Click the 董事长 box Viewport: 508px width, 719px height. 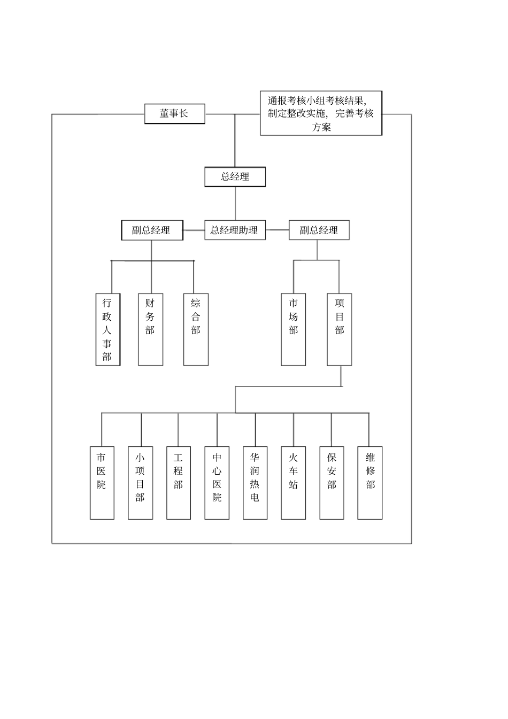[x=174, y=114]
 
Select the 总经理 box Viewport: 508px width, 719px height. [x=235, y=177]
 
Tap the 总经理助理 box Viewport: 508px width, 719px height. [x=235, y=230]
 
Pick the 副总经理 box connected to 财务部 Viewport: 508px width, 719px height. [x=152, y=230]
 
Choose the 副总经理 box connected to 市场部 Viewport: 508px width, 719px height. [x=319, y=230]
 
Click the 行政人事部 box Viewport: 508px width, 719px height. [x=107, y=329]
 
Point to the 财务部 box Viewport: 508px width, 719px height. [x=150, y=329]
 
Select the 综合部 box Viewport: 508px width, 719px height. [x=196, y=329]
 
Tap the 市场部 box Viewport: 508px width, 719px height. [x=294, y=329]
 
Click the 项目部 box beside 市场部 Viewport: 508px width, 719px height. [x=340, y=329]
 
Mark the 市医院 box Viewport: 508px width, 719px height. [x=102, y=483]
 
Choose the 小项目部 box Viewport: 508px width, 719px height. [x=140, y=483]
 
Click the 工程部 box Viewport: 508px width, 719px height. [x=179, y=483]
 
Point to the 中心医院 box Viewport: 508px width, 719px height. [x=217, y=483]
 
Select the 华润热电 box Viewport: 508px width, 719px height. [x=255, y=483]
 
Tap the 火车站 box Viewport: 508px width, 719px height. [x=294, y=483]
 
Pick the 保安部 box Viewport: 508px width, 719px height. [x=332, y=483]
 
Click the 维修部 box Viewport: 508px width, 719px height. [x=370, y=483]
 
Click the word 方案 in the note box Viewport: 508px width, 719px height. [x=321, y=127]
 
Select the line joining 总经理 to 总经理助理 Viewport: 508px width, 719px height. [x=235, y=204]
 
